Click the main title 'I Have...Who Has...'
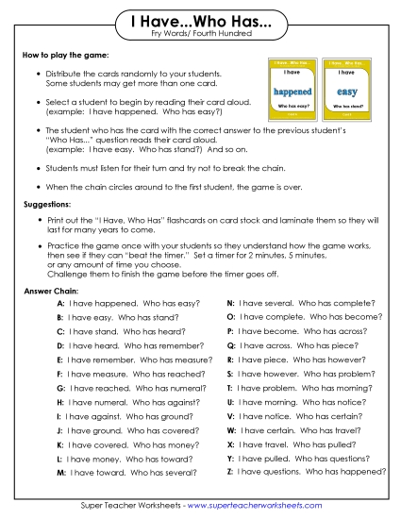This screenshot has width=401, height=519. [x=200, y=21]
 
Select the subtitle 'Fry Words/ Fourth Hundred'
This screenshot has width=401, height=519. [x=200, y=35]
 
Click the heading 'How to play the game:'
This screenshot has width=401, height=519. [x=65, y=58]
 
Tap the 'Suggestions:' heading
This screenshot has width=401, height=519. [x=48, y=203]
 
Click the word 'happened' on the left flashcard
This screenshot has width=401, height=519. [x=285, y=92]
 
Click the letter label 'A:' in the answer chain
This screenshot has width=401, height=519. [x=60, y=304]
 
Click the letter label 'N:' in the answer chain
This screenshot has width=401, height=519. [x=231, y=304]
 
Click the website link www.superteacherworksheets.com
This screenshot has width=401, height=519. [x=268, y=506]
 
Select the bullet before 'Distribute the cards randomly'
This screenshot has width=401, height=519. [x=38, y=74]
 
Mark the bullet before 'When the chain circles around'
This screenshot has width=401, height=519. [x=38, y=187]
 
